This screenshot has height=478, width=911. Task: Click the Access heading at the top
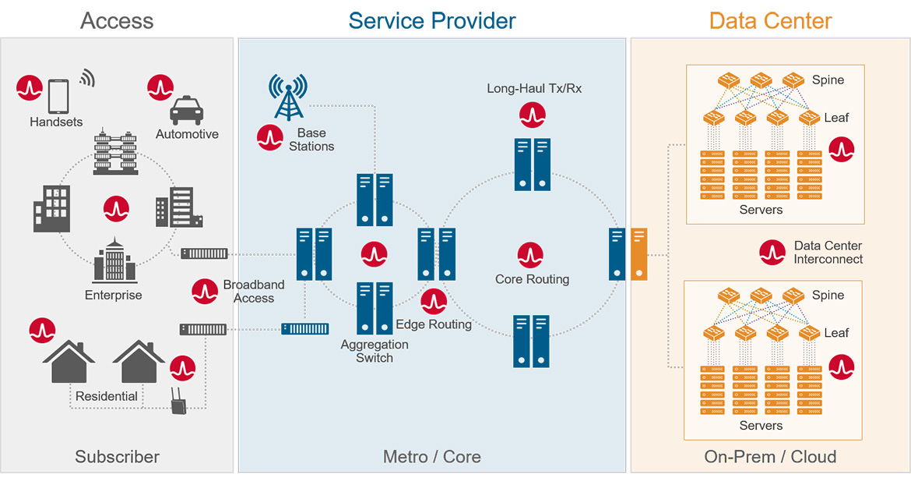(x=117, y=20)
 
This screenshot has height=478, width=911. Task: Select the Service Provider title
(x=431, y=20)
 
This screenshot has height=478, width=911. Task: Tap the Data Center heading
(x=770, y=20)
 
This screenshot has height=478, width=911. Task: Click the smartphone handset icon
(x=59, y=96)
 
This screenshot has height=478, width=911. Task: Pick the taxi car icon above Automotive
(x=186, y=111)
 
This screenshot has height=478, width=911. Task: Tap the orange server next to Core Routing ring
(x=639, y=253)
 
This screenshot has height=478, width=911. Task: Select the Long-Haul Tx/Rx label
(x=534, y=88)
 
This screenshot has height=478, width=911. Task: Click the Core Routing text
(x=532, y=279)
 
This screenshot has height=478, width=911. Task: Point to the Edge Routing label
(x=433, y=324)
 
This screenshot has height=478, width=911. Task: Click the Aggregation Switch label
(x=375, y=351)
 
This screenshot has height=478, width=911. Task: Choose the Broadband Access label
(x=254, y=291)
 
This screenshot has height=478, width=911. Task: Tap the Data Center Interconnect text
(x=828, y=252)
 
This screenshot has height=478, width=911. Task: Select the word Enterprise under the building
(x=114, y=295)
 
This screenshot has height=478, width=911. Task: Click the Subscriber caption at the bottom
(x=117, y=457)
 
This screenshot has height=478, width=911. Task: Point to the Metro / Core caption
(x=431, y=457)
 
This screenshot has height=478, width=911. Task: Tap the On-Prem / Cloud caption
(x=770, y=457)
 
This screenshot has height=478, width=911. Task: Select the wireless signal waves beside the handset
(x=87, y=78)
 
